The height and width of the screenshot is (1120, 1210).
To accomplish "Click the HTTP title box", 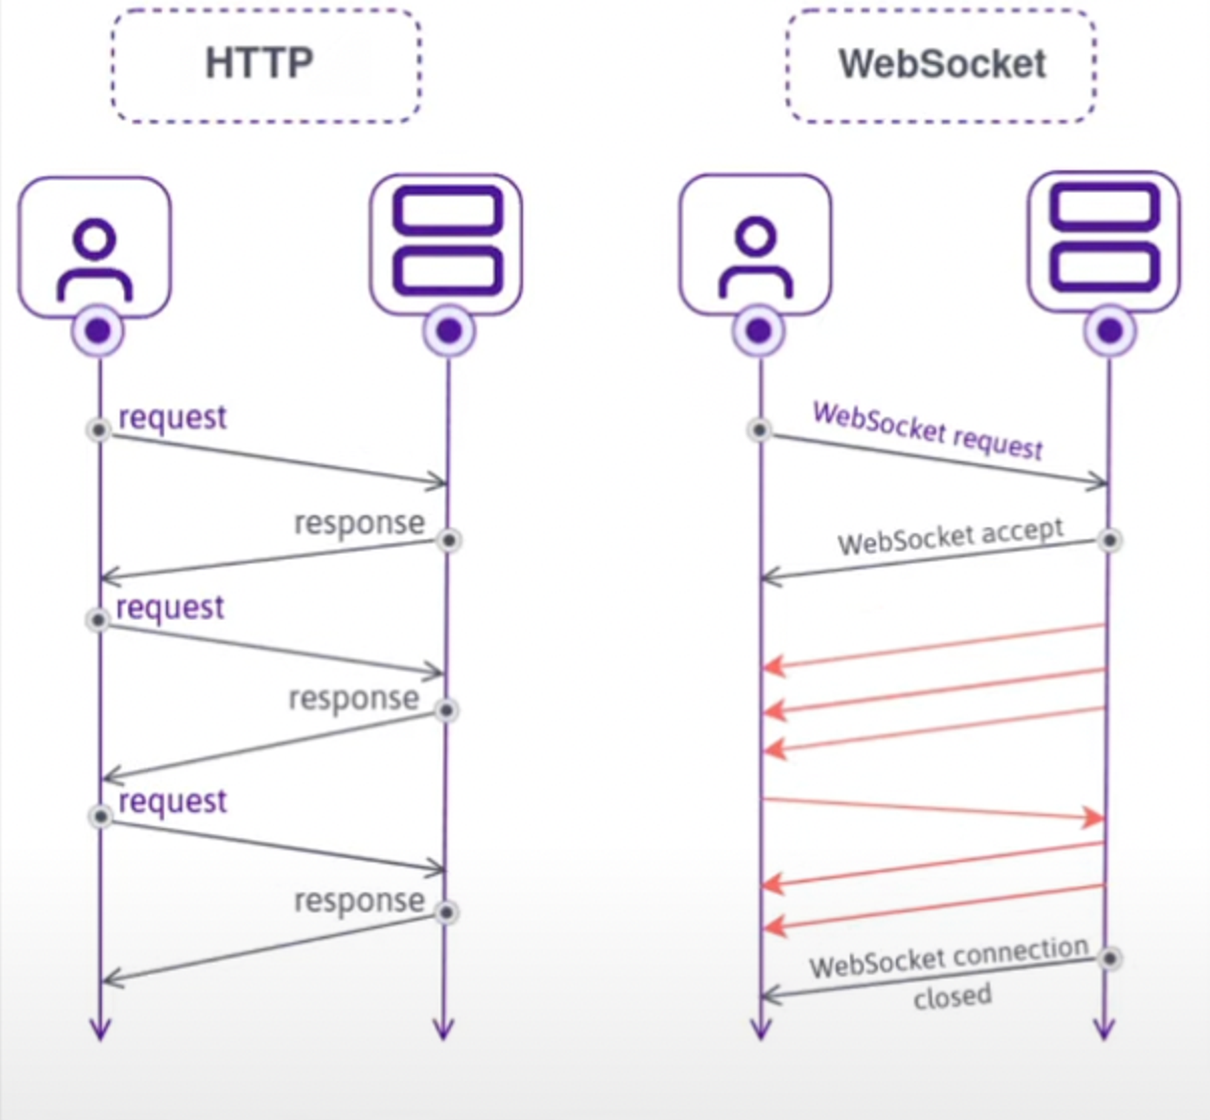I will pyautogui.click(x=265, y=65).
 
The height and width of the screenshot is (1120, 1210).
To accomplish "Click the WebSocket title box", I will pyautogui.click(x=941, y=65).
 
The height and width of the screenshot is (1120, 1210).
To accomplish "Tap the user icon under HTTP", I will pyautogui.click(x=94, y=247).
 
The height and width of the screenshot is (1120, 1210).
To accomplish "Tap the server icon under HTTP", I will pyautogui.click(x=447, y=242).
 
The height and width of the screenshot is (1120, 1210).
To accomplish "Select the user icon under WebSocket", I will pyautogui.click(x=755, y=245).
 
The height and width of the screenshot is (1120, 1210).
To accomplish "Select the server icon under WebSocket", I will pyautogui.click(x=1105, y=240).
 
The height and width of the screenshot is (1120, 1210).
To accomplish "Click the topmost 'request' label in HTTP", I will pyautogui.click(x=173, y=417).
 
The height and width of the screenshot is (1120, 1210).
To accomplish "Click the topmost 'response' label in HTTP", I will pyautogui.click(x=359, y=523).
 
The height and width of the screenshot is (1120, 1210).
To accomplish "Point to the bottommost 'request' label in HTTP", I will pyautogui.click(x=173, y=802).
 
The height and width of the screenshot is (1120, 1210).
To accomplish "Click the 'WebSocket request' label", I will pyautogui.click(x=927, y=431).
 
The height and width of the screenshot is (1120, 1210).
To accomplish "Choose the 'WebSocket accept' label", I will pyautogui.click(x=950, y=535).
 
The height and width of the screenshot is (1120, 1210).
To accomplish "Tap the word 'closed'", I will pyautogui.click(x=953, y=997).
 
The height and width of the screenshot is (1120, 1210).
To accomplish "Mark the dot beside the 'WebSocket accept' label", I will pyautogui.click(x=1110, y=540).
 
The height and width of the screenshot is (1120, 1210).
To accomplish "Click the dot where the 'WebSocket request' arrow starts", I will pyautogui.click(x=760, y=429).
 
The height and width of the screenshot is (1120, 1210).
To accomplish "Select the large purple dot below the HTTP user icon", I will pyautogui.click(x=98, y=331).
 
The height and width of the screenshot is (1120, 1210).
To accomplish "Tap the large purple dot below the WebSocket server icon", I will pyautogui.click(x=1110, y=331).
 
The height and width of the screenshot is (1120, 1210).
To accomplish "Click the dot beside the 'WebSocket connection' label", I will pyautogui.click(x=1110, y=959).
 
